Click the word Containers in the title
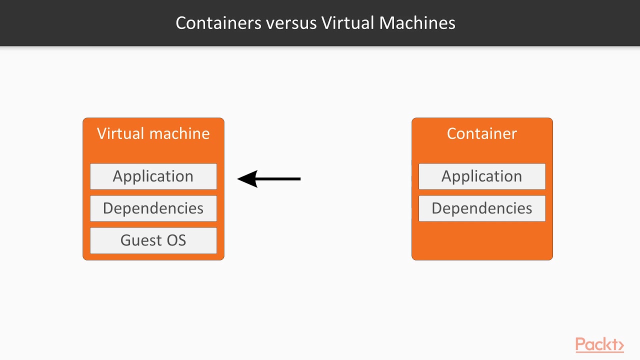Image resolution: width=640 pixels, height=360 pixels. [x=218, y=23]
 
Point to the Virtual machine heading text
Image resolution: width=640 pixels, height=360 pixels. [x=153, y=133]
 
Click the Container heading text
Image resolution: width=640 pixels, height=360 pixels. [x=481, y=133]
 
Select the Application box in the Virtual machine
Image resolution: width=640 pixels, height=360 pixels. [x=153, y=176]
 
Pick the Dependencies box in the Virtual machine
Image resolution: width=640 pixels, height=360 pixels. [x=153, y=208]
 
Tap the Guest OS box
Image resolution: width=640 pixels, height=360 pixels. [x=153, y=240]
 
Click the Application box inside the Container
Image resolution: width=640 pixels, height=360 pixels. [x=481, y=176]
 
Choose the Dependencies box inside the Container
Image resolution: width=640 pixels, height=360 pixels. [x=481, y=208]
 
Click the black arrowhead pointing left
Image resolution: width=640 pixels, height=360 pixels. [x=247, y=178]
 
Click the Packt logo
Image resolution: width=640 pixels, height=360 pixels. [x=599, y=345]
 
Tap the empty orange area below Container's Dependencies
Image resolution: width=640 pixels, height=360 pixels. [x=481, y=240]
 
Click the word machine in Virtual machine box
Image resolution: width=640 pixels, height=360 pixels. [x=179, y=133]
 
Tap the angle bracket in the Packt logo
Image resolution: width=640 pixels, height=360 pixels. [x=621, y=345]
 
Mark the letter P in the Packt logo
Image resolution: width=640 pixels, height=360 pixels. [x=580, y=344]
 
